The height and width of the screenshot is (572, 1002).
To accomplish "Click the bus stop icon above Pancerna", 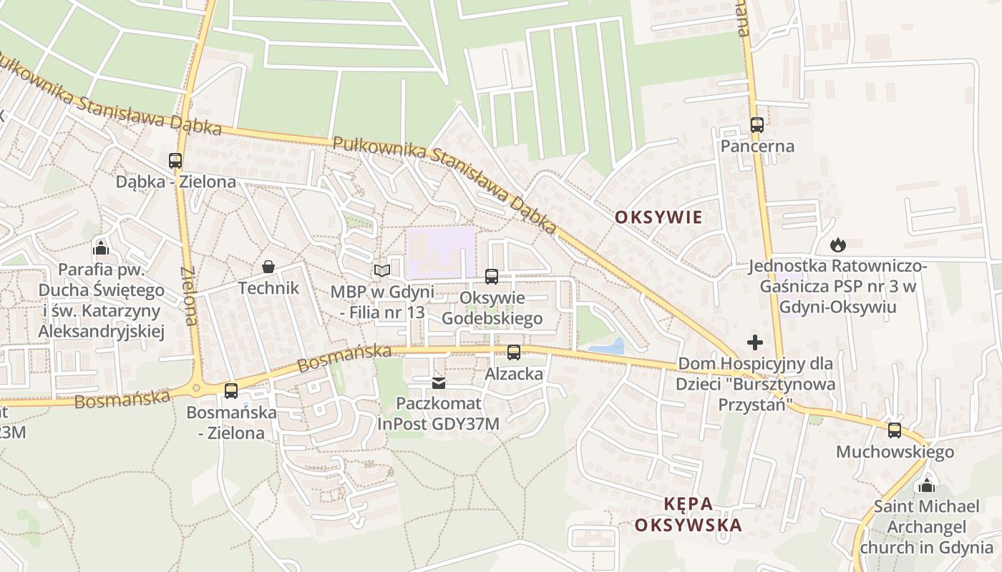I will (x=757, y=125).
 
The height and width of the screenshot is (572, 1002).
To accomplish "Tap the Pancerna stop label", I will (x=757, y=147).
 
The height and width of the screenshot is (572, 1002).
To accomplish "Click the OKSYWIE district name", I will (x=658, y=217).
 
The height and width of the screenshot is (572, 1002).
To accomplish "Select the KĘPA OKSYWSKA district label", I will (x=688, y=514).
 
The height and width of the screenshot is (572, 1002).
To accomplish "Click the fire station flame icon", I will (x=837, y=245).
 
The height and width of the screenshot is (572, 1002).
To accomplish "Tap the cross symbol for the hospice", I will (x=755, y=342).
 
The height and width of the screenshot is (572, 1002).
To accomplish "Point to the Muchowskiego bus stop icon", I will (x=895, y=430).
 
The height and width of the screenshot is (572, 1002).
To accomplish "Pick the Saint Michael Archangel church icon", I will (x=927, y=485).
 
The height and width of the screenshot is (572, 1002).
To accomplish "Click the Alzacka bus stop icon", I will (x=514, y=352).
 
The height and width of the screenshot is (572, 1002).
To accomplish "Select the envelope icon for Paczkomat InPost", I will (x=439, y=384).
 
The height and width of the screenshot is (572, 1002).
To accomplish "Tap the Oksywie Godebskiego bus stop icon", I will (x=492, y=276).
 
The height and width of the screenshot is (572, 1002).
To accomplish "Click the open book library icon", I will (x=382, y=270).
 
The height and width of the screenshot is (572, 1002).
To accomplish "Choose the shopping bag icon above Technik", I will (x=268, y=267).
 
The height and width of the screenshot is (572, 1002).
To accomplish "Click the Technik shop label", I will (x=268, y=288).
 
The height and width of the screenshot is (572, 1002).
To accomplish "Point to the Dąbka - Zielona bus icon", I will (x=175, y=160).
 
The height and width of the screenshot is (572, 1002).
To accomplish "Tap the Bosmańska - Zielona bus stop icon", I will (x=230, y=390).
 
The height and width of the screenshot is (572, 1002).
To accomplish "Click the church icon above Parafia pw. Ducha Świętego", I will (x=101, y=248).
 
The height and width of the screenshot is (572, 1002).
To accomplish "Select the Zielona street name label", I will (x=190, y=296).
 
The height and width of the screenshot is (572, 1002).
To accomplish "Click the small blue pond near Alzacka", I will (x=606, y=348).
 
